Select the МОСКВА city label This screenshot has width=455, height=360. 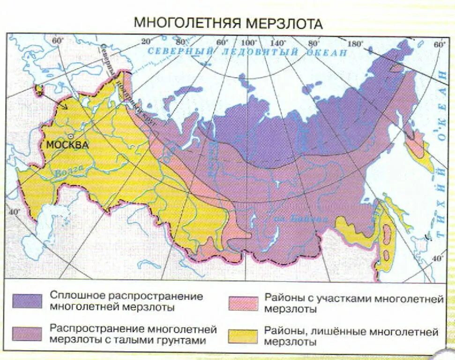pyautogui.click(x=67, y=145)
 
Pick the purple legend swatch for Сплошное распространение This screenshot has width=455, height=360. pyautogui.click(x=27, y=300)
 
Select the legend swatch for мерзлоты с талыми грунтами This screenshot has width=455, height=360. pyautogui.click(x=27, y=334)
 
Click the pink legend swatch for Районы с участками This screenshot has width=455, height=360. pyautogui.click(x=243, y=303)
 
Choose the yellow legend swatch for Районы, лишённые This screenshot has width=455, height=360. pyautogui.click(x=243, y=336)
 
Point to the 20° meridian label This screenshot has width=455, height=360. pyautogui.click(x=147, y=41)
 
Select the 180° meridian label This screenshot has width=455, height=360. pyautogui.click(x=356, y=44)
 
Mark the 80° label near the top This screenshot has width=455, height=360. pyautogui.click(x=313, y=43)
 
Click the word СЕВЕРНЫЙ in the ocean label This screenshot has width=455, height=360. pyautogui.click(x=180, y=51)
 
